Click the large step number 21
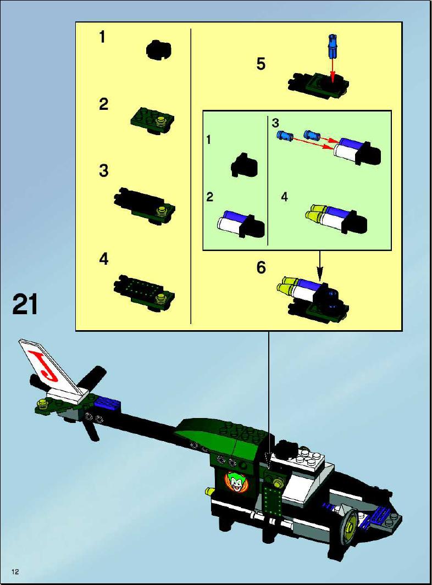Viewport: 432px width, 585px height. pos(25,304)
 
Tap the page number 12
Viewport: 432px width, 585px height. pos(15,572)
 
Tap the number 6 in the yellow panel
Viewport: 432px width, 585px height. pos(261,268)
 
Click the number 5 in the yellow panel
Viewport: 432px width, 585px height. pos(261,64)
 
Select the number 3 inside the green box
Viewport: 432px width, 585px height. pos(275,122)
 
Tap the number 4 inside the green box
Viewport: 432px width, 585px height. pos(285,197)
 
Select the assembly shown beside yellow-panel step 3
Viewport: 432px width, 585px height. pos(144,205)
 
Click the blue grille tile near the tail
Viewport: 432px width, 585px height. pos(107,404)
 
